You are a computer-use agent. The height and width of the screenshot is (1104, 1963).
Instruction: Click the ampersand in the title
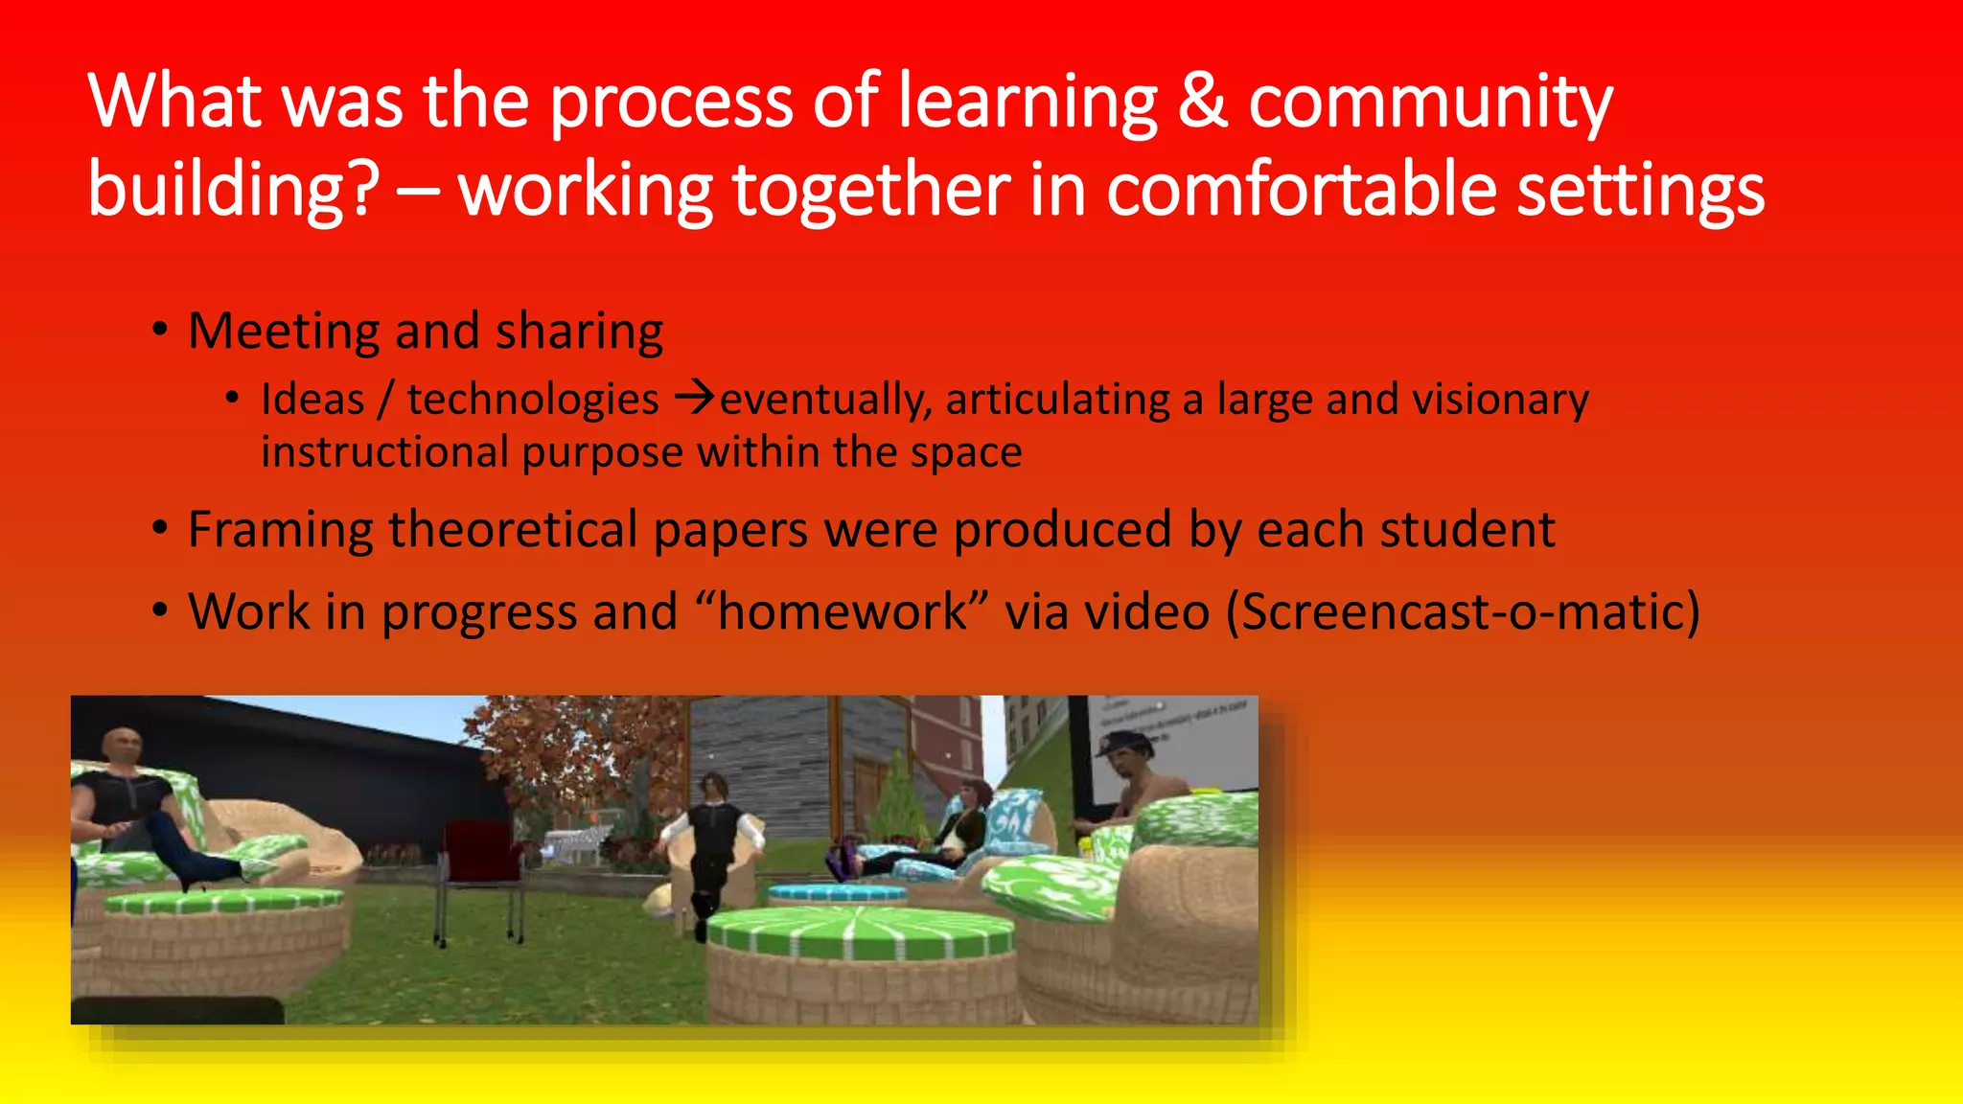coord(1202,101)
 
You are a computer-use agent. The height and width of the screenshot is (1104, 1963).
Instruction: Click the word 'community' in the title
coord(1430,101)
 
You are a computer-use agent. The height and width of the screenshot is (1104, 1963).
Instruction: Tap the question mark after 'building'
coord(363,189)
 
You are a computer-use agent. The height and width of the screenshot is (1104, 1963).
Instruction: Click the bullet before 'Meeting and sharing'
coord(160,331)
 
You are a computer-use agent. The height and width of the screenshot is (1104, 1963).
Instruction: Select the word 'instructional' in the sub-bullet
coord(384,451)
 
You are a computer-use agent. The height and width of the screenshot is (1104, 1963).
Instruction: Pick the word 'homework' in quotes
coord(843,611)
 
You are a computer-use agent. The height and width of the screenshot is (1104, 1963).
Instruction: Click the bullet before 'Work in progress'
coord(160,610)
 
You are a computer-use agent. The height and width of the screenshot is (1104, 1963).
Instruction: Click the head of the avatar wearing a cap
coord(1127,757)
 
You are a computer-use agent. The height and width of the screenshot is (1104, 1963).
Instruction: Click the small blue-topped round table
coord(837,895)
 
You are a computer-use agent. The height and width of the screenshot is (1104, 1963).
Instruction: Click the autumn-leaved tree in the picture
coord(575,757)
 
